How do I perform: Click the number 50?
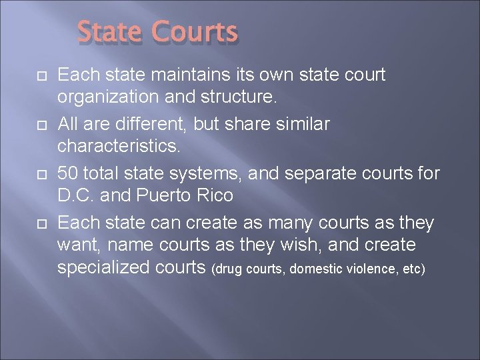[67, 173]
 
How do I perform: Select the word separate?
[319, 173]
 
